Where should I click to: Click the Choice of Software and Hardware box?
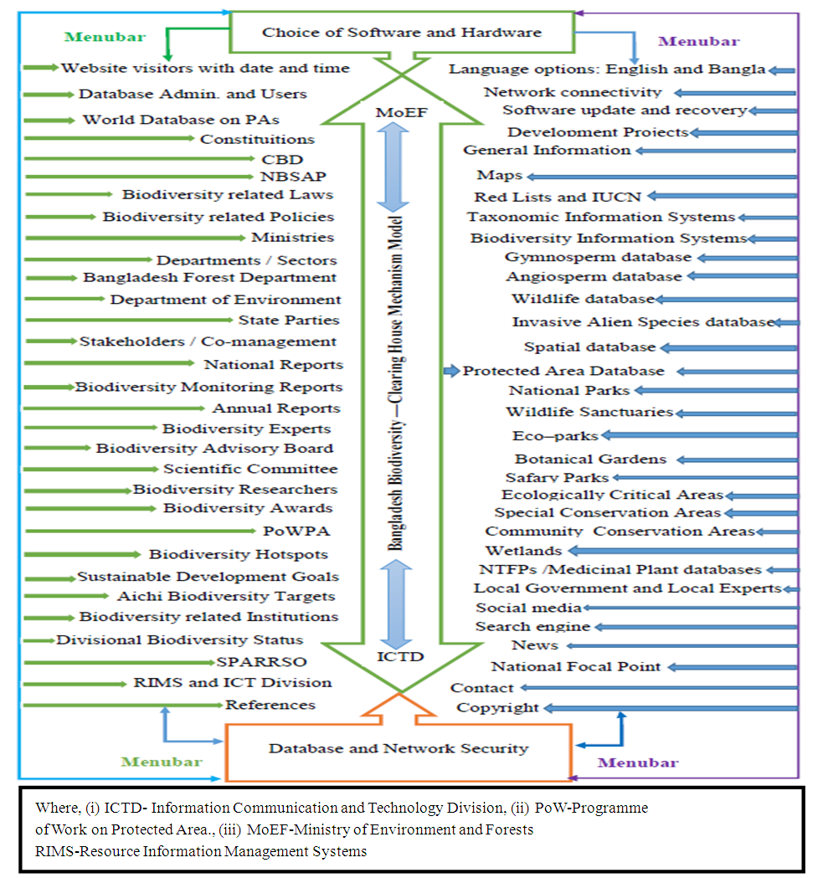point(402,33)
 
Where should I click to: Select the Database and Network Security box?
point(398,748)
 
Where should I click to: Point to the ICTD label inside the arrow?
point(401,656)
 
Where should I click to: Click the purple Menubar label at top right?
point(699,41)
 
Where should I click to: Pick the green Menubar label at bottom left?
point(162,762)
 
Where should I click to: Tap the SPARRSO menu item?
point(254,662)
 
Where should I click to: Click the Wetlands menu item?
point(523,551)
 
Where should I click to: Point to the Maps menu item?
point(500,176)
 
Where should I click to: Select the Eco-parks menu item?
point(555,436)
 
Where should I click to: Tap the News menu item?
point(535,645)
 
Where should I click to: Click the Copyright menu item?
point(497,708)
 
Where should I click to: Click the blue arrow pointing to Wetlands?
point(682,551)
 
